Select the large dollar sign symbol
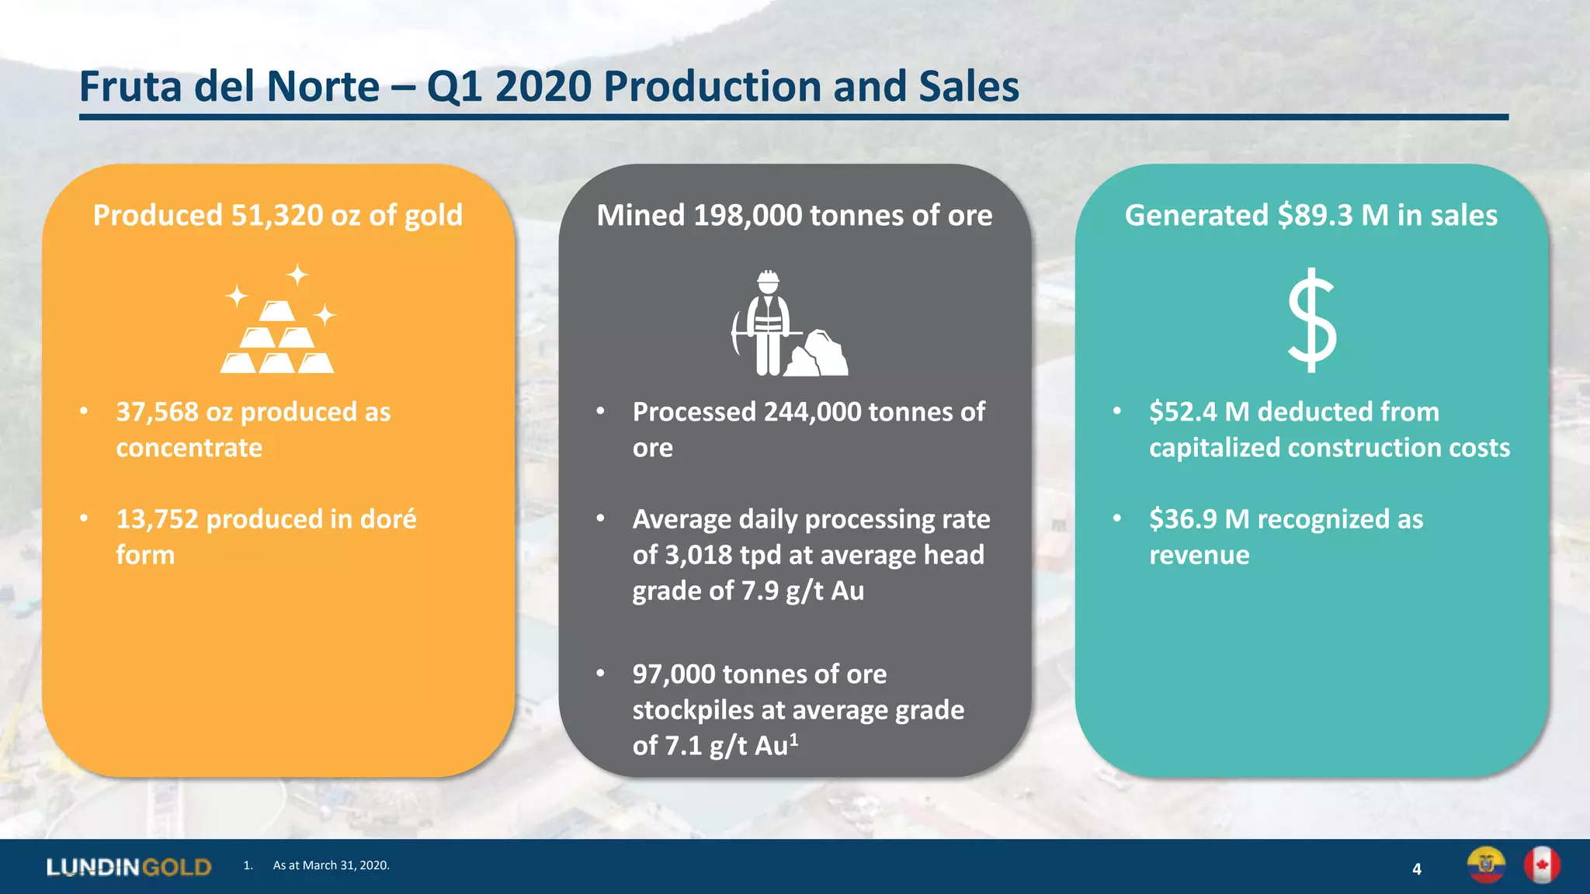pos(1312,320)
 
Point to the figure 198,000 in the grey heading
pos(748,216)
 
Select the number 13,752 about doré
pos(158,519)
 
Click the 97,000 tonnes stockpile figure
pos(674,674)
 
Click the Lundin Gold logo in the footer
pos(129,867)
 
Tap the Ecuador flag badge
pos(1486,865)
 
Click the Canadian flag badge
pos(1542,865)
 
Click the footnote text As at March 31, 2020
pos(331,865)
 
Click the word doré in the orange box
pos(388,519)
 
